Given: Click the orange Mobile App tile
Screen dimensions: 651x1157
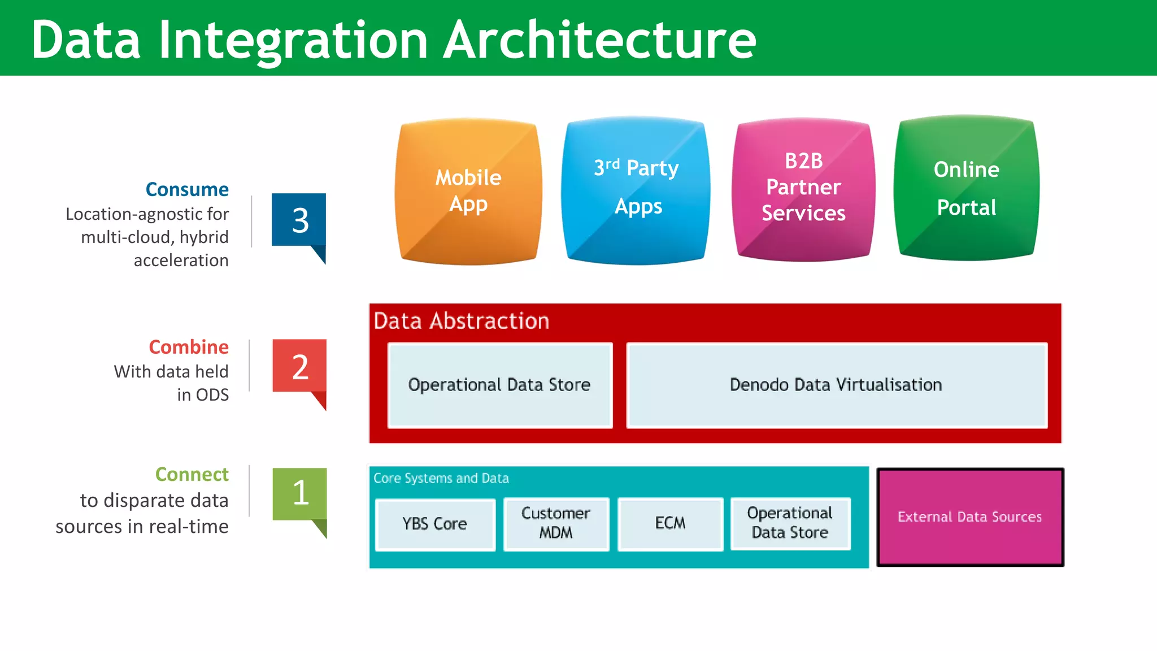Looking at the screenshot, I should (468, 191).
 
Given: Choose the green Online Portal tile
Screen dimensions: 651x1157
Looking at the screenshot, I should (967, 188).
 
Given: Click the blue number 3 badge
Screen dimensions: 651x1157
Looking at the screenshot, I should (299, 220).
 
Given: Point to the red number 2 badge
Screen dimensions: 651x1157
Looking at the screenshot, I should (299, 367).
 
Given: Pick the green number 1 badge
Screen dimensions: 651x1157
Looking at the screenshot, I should (299, 493).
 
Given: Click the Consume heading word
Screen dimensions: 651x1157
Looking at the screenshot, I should (187, 189).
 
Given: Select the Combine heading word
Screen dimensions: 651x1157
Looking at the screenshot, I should (189, 347).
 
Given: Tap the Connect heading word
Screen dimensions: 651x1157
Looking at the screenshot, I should (192, 474).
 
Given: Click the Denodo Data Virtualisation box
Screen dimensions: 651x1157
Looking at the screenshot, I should (836, 385).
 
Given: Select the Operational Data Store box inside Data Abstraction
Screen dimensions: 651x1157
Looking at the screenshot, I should (500, 385).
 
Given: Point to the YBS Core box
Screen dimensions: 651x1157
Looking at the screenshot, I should (435, 524).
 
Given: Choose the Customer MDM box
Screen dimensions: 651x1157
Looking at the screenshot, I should (556, 523).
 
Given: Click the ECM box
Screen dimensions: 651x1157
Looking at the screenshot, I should (670, 523).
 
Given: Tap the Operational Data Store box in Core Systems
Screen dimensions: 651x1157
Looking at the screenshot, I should (790, 523).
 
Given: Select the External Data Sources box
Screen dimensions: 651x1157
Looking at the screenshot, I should (970, 517).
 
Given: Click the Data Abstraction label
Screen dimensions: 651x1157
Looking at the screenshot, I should (461, 321).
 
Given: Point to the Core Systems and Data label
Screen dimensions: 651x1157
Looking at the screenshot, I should (441, 479).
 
